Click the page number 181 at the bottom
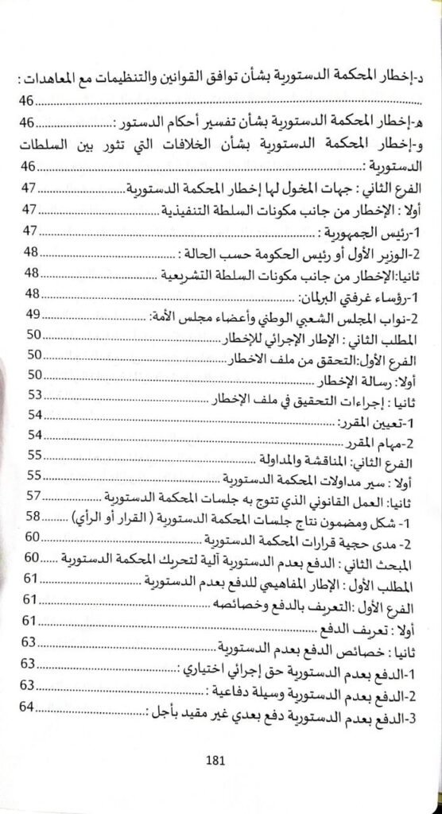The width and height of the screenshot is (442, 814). [215, 758]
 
